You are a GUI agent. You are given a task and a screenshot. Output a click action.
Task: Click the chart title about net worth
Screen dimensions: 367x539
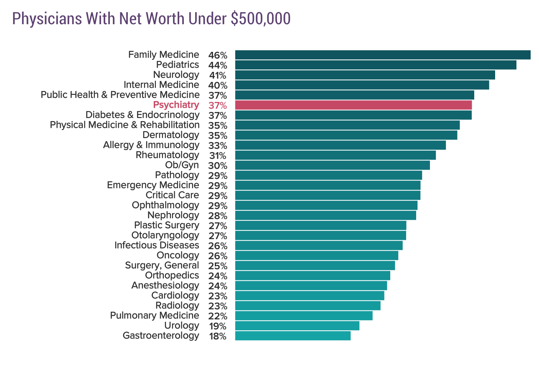pyautogui.click(x=151, y=19)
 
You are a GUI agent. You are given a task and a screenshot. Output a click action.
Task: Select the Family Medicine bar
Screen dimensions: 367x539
pyautogui.click(x=382, y=55)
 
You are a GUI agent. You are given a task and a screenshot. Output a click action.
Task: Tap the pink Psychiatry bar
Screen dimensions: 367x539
pyautogui.click(x=353, y=105)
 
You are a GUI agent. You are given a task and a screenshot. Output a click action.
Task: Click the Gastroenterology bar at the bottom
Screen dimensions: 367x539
pyautogui.click(x=292, y=336)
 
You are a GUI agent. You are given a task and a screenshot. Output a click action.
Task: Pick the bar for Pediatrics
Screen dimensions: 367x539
pyautogui.click(x=375, y=65)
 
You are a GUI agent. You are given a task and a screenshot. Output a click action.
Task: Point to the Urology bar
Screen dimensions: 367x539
pyautogui.click(x=297, y=326)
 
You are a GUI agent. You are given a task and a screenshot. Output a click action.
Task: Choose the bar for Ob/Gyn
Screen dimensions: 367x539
pyautogui.click(x=332, y=165)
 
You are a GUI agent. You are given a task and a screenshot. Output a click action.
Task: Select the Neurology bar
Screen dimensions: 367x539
pyautogui.click(x=365, y=75)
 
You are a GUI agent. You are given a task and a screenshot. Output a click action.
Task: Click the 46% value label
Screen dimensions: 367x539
pyautogui.click(x=217, y=55)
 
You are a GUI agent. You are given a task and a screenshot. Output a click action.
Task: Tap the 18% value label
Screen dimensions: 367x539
pyautogui.click(x=217, y=336)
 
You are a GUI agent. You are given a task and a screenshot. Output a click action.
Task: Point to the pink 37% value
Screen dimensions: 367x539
pyautogui.click(x=217, y=105)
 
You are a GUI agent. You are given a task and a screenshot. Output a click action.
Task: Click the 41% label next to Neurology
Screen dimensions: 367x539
pyautogui.click(x=217, y=75)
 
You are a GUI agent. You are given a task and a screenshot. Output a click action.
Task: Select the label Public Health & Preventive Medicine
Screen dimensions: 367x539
pyautogui.click(x=120, y=95)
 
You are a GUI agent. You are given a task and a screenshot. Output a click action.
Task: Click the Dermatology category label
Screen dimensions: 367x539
pyautogui.click(x=170, y=135)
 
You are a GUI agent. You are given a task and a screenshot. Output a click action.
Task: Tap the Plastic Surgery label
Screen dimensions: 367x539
pyautogui.click(x=166, y=225)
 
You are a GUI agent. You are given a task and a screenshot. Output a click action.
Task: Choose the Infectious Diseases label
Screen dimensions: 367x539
pyautogui.click(x=157, y=245)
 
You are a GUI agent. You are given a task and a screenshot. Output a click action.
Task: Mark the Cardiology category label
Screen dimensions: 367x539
pyautogui.click(x=175, y=296)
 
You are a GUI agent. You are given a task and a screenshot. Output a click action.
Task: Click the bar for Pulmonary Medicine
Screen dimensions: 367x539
pyautogui.click(x=303, y=316)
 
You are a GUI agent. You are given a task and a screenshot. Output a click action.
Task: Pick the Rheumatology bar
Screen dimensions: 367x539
pyautogui.click(x=335, y=155)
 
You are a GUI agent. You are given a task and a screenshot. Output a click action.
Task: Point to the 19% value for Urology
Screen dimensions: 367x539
pyautogui.click(x=217, y=326)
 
